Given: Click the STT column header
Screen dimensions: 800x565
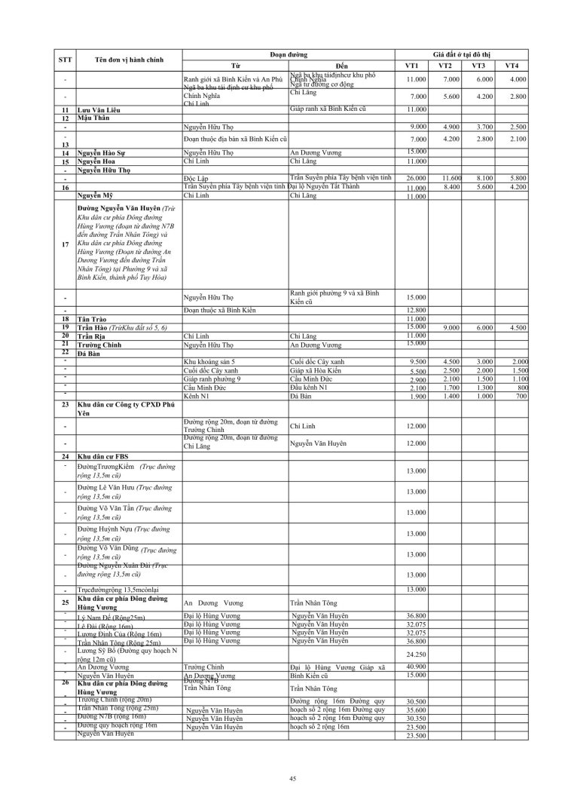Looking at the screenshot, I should pos(65,60).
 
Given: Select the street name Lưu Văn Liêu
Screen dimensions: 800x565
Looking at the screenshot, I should pos(103,110).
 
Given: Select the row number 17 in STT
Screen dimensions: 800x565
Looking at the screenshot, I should pos(66,244).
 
